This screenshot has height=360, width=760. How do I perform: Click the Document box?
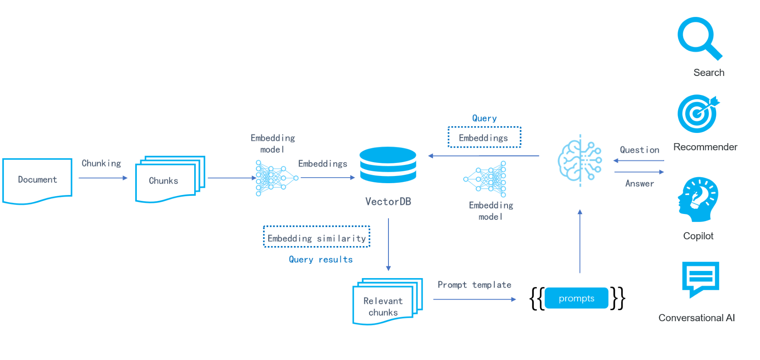37,180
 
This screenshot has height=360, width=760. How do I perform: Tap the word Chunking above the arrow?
101,163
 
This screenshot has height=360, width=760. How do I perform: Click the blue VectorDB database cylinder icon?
388,165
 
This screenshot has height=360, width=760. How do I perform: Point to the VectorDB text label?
388,202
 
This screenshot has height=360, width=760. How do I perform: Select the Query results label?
320,260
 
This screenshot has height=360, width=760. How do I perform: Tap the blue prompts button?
576,298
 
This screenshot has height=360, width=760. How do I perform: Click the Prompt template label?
474,285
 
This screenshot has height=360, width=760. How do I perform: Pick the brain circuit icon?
580,160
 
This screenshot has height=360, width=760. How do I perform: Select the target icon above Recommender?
698,114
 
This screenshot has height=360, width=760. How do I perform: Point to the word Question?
639,150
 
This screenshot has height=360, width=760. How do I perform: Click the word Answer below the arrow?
639,184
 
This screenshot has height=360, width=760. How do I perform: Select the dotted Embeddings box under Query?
484,138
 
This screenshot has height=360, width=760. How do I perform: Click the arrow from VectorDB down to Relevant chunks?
388,245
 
